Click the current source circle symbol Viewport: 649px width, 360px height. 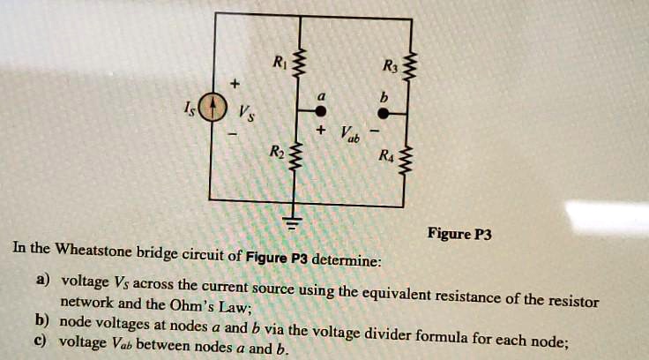(209, 109)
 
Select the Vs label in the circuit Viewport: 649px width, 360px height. (243, 112)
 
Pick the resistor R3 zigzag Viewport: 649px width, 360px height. (407, 68)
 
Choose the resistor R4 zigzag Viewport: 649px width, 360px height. (407, 162)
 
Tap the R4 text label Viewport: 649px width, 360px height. (384, 158)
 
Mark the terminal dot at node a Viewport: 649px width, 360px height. (321, 111)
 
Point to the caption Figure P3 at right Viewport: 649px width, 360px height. (459, 234)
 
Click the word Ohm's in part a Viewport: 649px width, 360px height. (208, 306)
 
